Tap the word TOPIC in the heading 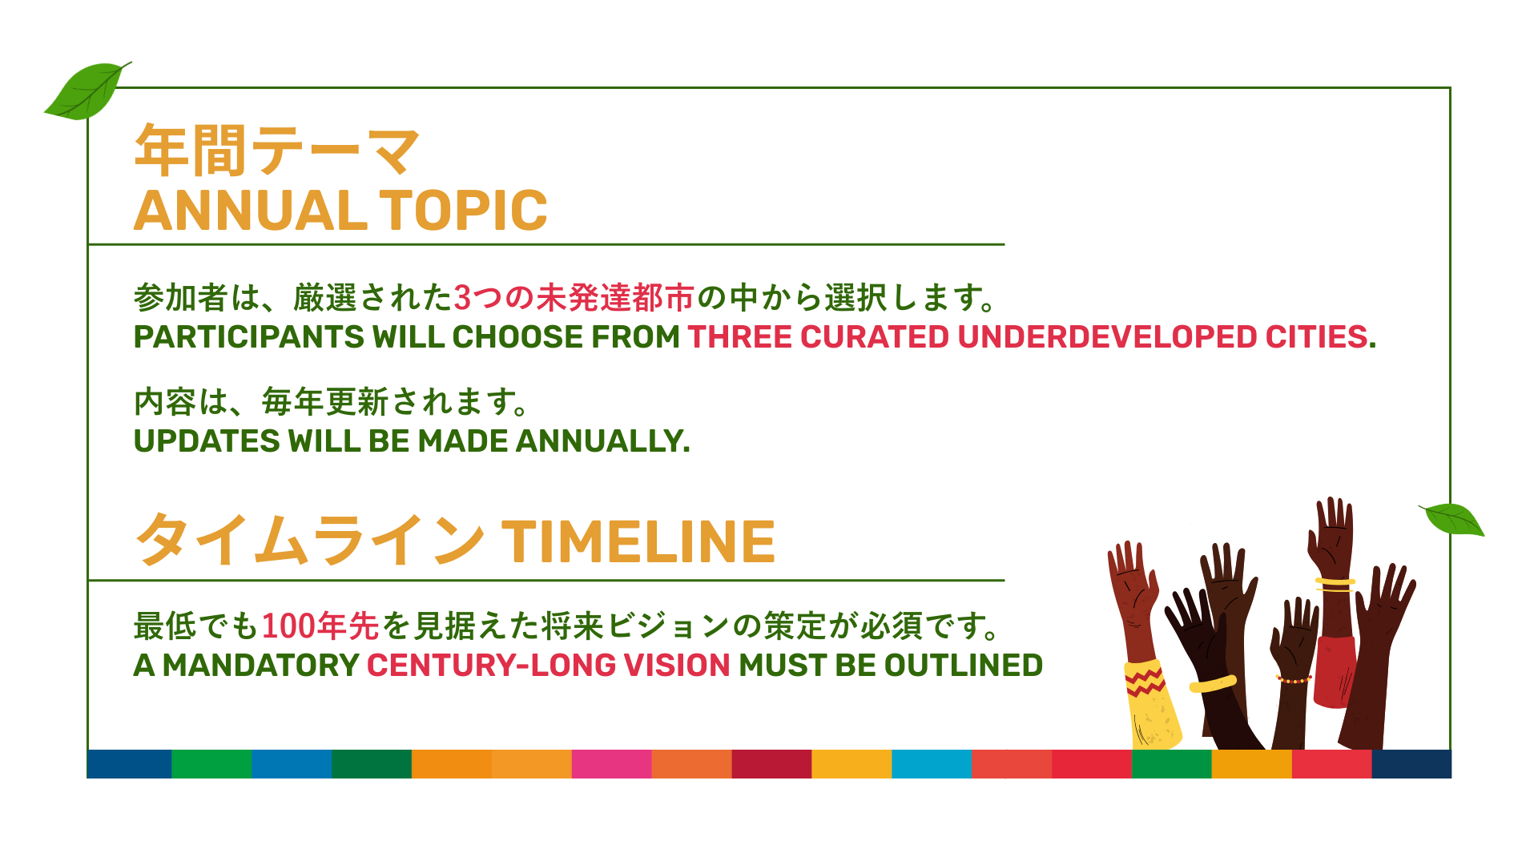(x=463, y=211)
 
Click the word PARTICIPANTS (x=248, y=337)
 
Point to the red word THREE (x=739, y=337)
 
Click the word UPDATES (x=207, y=441)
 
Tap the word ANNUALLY (x=602, y=441)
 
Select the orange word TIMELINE (x=638, y=542)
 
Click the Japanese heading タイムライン (x=310, y=540)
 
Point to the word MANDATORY (x=260, y=666)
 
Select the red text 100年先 (x=320, y=626)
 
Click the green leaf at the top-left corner (x=87, y=91)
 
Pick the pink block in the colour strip (x=611, y=764)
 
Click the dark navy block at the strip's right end (x=1411, y=764)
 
